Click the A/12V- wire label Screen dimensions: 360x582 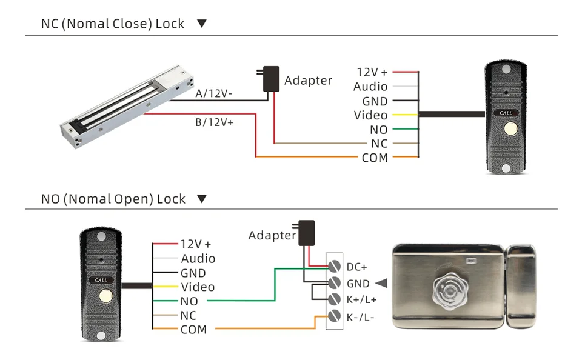213,94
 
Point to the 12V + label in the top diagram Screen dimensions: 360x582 372,72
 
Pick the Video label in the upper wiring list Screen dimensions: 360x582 370,115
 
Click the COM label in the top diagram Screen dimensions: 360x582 374,158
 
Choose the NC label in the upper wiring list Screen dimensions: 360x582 379,144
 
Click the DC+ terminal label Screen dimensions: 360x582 357,267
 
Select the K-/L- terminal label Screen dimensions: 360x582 360,316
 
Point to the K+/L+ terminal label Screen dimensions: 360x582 361,299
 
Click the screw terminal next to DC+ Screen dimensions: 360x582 333,266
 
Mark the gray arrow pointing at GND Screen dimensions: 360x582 381,283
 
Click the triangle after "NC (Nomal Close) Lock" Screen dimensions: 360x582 202,24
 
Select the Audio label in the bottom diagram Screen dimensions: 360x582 198,259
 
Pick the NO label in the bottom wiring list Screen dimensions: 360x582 189,301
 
